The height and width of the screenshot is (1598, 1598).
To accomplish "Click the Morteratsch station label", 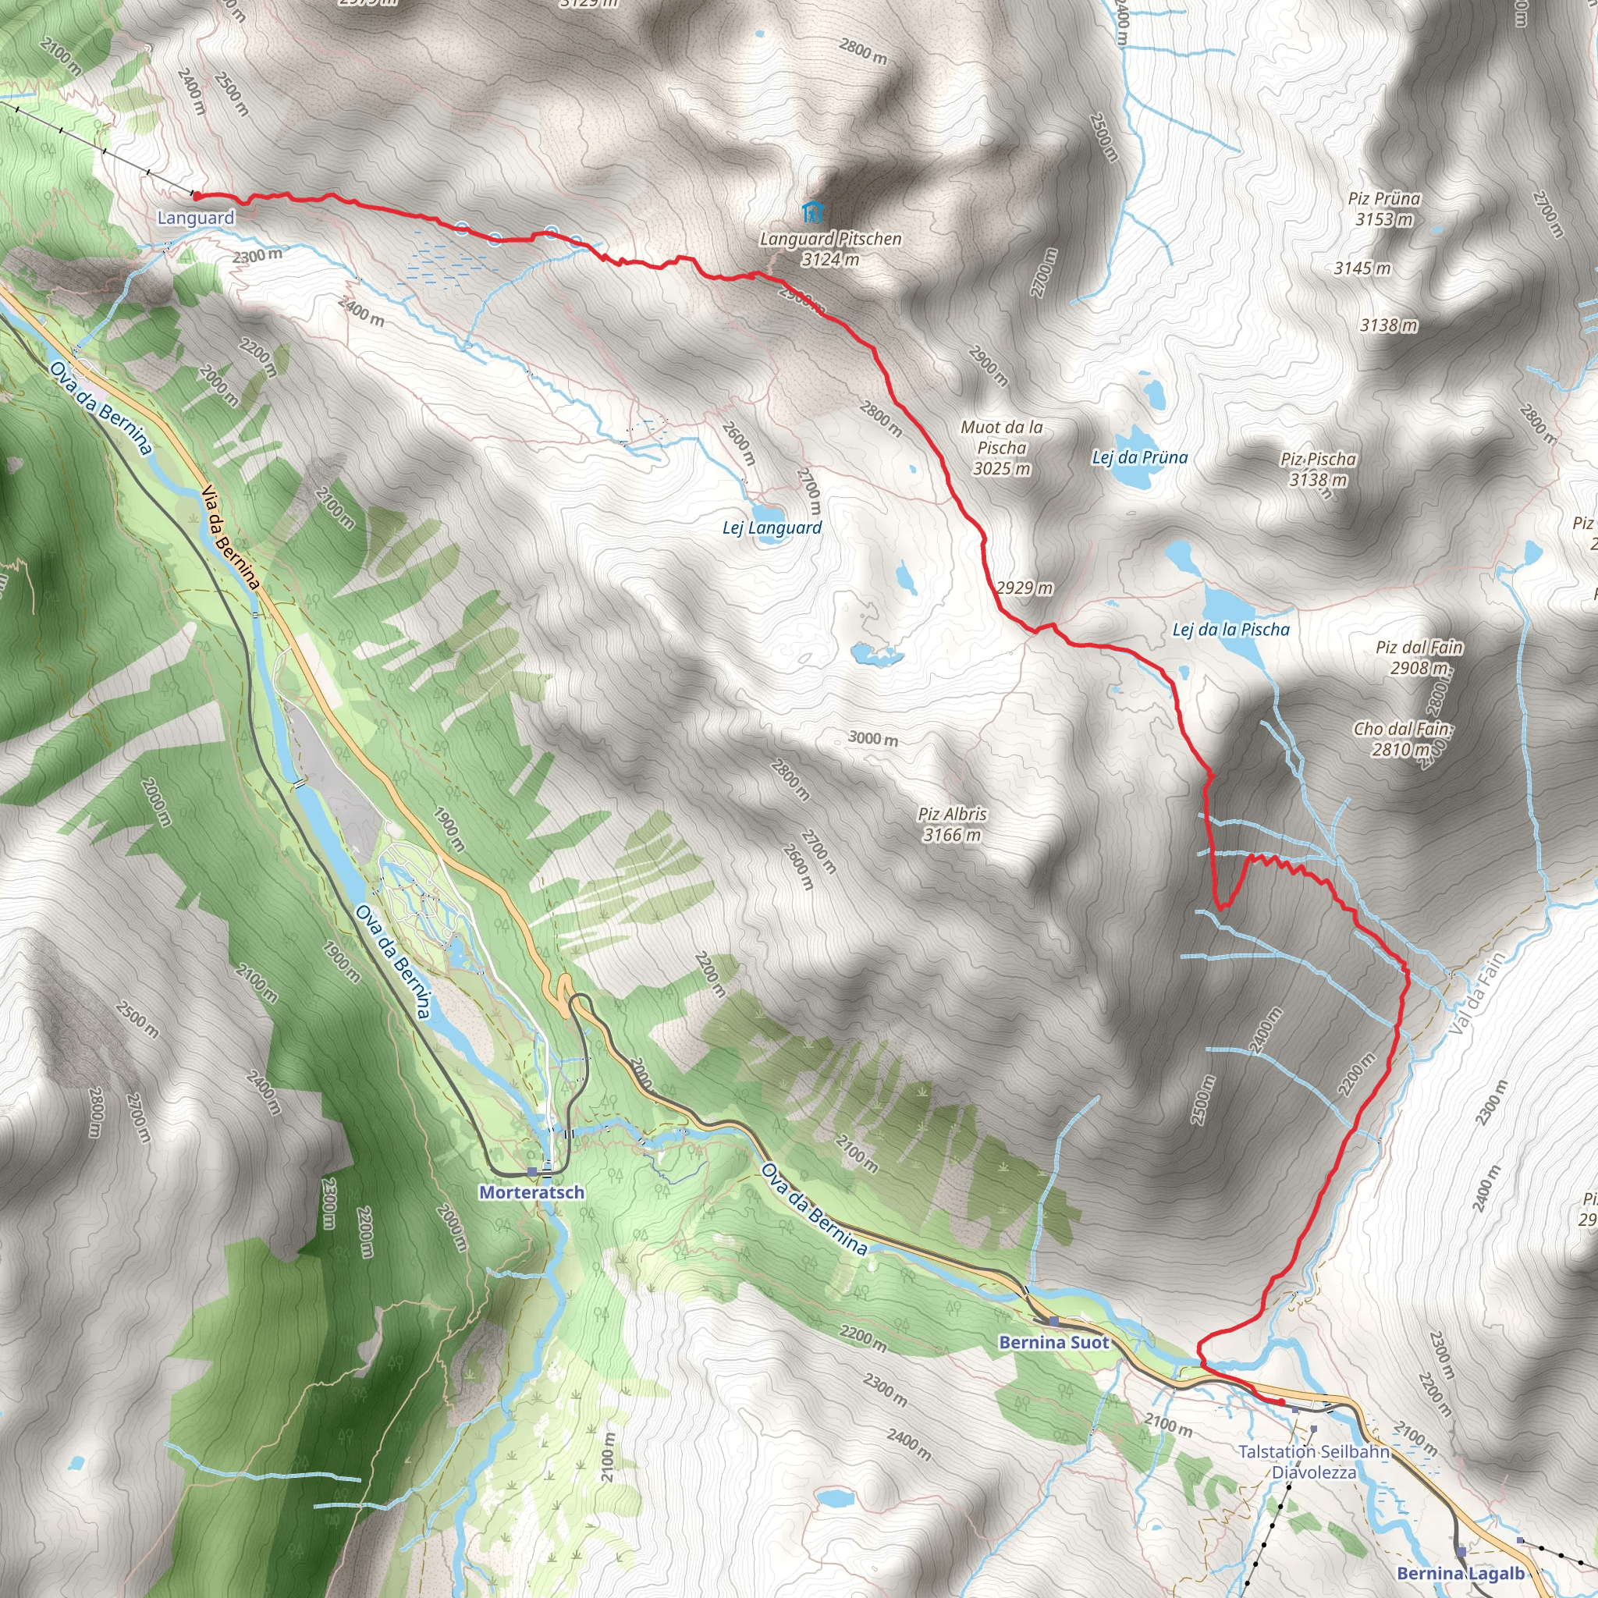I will click(532, 1193).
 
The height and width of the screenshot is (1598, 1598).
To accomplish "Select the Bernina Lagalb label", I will click(1460, 1573).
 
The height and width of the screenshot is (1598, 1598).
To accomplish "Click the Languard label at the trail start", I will click(196, 218).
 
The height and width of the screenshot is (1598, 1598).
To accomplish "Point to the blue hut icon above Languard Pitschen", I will click(812, 211).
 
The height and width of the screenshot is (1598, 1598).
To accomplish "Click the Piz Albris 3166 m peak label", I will click(952, 824).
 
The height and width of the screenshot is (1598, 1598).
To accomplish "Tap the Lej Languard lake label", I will click(772, 527).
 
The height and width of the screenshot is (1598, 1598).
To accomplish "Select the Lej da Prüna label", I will click(1140, 457).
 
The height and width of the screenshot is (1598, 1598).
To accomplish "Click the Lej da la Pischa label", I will click(1230, 630).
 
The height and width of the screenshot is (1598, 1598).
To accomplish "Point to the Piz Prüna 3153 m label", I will click(1383, 208).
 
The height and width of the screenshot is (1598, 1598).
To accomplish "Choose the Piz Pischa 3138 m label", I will click(1318, 469).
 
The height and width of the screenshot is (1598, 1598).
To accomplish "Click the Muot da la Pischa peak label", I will click(1002, 447).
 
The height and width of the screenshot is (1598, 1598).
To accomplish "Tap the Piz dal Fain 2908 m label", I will click(1419, 657).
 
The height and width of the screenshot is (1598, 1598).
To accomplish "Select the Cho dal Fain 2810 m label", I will click(1402, 739).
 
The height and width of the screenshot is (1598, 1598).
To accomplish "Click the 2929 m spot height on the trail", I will click(1024, 588).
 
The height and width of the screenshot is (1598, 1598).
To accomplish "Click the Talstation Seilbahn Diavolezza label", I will click(1313, 1461).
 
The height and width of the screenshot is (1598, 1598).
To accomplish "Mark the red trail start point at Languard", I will click(196, 196).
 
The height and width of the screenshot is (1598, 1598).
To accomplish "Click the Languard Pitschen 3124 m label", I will click(830, 248).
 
